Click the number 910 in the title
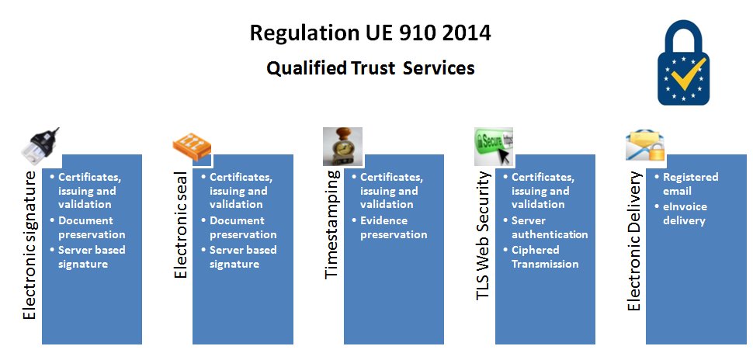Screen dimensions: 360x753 [411, 33]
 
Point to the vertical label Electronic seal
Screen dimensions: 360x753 [181, 224]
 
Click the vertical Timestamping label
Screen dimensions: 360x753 [331, 224]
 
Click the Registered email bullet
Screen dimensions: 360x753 [690, 184]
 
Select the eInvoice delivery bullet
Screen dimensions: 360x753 [684, 213]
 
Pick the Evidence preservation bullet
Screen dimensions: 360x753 [394, 227]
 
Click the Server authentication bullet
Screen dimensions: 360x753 [549, 227]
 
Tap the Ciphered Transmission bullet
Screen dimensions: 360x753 [544, 257]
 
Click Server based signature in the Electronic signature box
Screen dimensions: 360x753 [92, 257]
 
